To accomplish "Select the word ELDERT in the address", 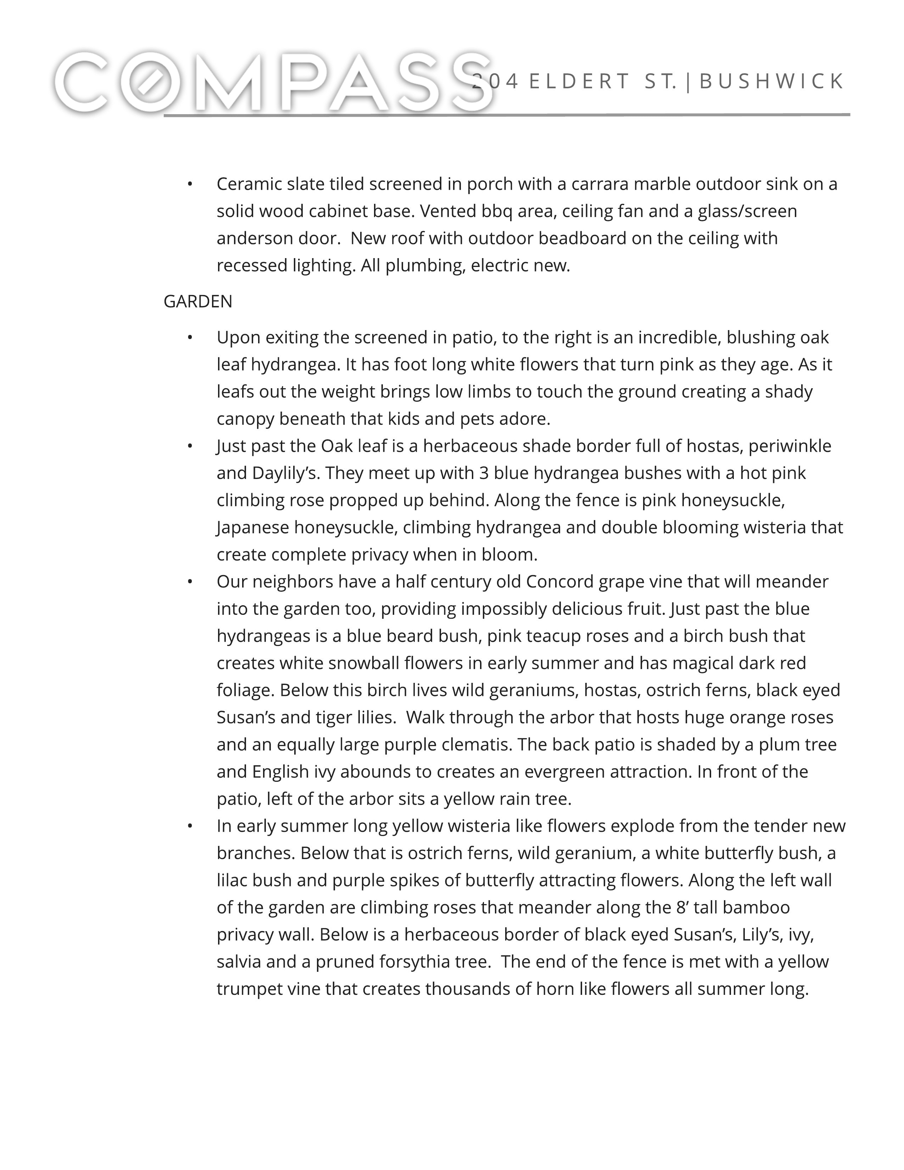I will pos(579,82).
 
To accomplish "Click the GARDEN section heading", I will pos(197,302).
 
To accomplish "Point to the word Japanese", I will pos(253,527).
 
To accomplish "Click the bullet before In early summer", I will pos(190,826).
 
